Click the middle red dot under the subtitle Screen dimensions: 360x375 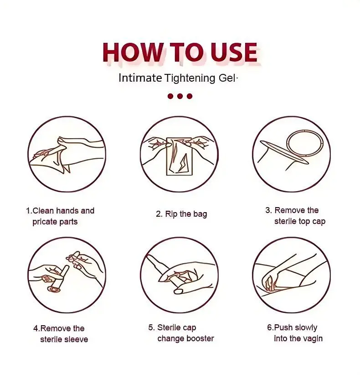[180, 96]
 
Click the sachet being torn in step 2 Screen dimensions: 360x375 [179, 156]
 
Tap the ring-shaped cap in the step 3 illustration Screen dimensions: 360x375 [305, 144]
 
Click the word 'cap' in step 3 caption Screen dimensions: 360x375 [319, 222]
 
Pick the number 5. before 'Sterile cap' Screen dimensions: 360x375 [151, 328]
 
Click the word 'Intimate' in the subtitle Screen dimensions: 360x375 [140, 78]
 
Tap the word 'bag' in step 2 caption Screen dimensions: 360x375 [200, 214]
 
